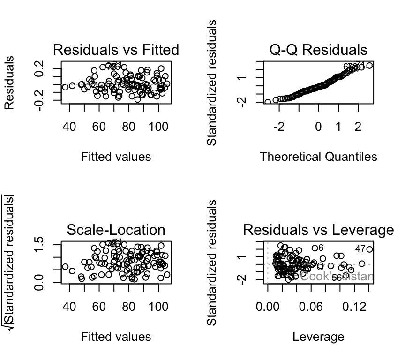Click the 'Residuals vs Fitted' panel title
point(116,50)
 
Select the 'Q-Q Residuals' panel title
point(318,50)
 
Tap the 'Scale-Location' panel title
point(116,230)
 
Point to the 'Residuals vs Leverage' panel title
point(318,230)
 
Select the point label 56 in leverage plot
point(337,278)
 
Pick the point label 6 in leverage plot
point(321,247)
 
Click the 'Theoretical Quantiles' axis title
point(318,157)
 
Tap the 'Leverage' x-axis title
point(318,337)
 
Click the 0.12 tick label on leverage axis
point(354,307)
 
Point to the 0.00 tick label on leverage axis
point(268,307)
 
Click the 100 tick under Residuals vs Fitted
point(158,127)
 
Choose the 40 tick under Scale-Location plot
point(69,307)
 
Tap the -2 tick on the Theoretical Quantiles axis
point(279,127)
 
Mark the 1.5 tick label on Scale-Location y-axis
point(40,244)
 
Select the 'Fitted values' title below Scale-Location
point(116,337)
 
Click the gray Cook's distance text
point(337,276)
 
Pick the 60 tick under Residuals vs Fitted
point(99,127)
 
